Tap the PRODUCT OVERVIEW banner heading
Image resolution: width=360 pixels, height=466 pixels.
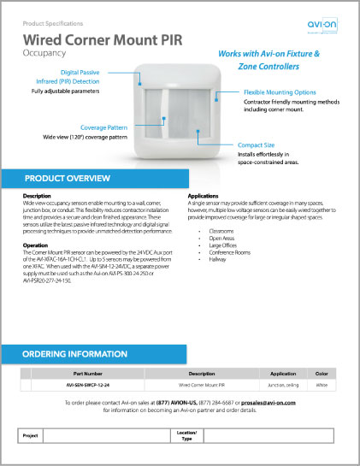tap(67, 178)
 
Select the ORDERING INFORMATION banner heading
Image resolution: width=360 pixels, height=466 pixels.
tap(74, 353)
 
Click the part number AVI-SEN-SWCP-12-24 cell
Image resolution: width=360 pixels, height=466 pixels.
tap(88, 386)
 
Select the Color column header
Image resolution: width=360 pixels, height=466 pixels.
tap(322, 374)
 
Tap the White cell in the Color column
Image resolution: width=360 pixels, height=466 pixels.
tap(322, 386)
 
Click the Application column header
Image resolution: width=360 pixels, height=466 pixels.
tap(283, 374)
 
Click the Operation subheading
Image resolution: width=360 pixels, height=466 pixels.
tap(36, 245)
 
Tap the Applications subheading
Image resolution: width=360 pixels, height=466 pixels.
tap(204, 196)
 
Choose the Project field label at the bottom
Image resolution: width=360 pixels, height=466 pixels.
tap(31, 435)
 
